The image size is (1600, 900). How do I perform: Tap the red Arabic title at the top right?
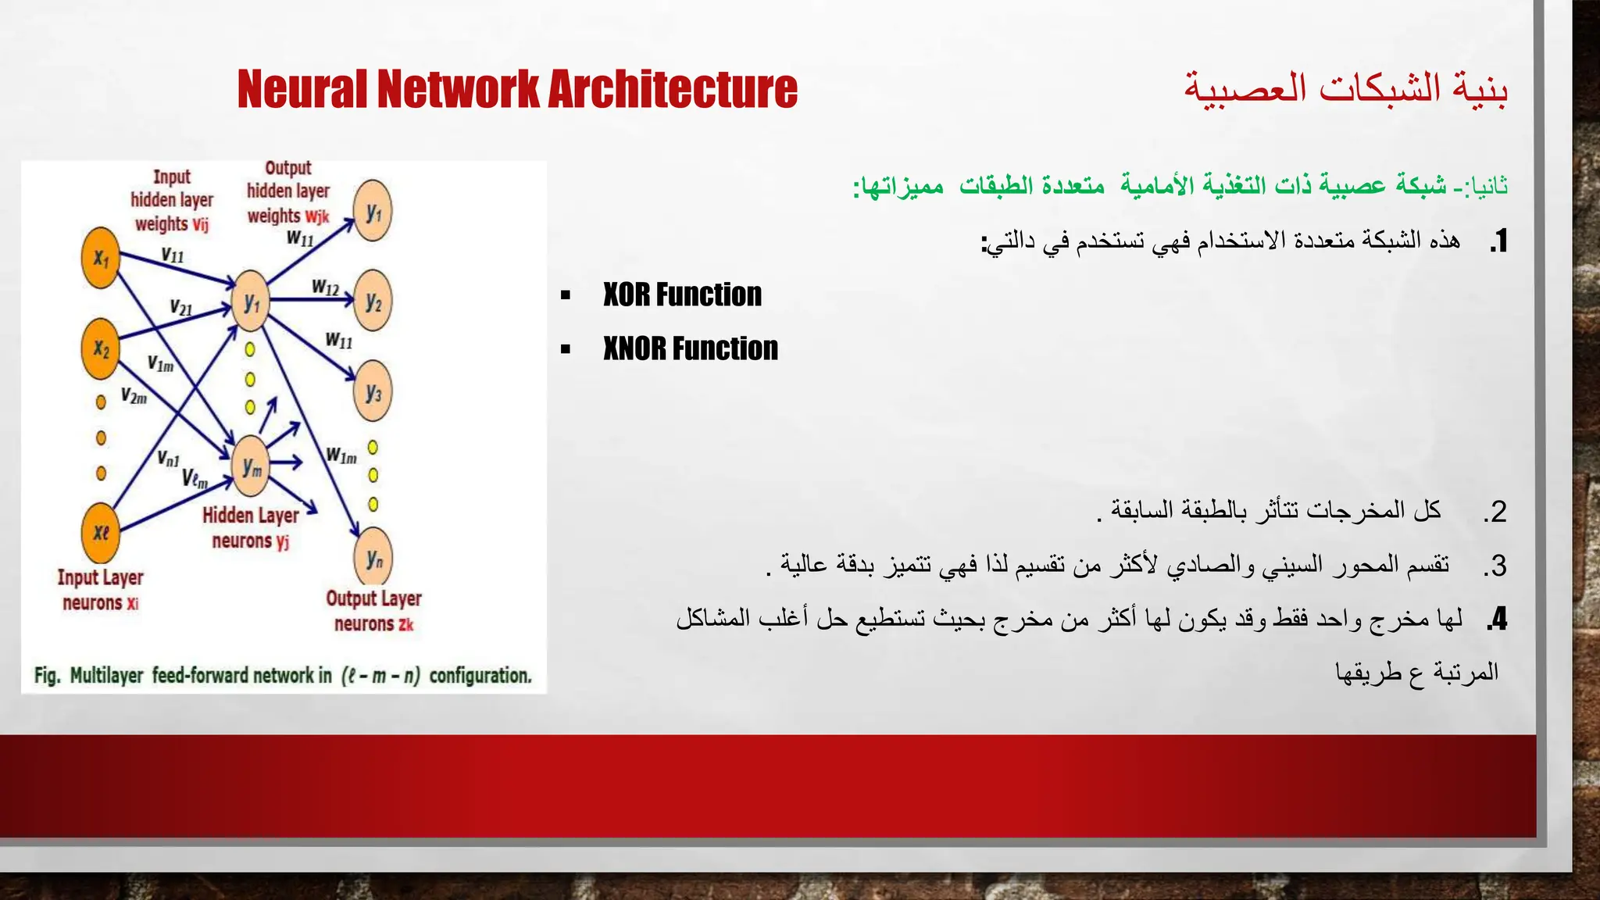(x=1345, y=87)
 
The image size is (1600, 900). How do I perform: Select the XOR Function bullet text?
(x=681, y=295)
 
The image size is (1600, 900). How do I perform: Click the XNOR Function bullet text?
(x=690, y=349)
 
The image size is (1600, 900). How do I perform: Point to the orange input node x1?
(x=101, y=258)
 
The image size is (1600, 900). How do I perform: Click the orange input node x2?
(x=101, y=348)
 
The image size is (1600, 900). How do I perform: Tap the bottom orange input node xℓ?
(x=101, y=533)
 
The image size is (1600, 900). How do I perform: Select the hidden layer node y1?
(x=251, y=303)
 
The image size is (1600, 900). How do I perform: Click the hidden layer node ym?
(x=251, y=467)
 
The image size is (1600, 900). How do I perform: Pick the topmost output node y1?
(x=373, y=212)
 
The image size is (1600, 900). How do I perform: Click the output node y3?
(x=373, y=392)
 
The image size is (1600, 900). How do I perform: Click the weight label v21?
(x=180, y=307)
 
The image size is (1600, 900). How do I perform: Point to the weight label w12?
(x=325, y=287)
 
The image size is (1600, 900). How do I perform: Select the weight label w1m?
(x=341, y=455)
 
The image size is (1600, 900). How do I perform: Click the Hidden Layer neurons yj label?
(x=251, y=528)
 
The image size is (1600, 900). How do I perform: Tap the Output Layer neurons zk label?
(x=373, y=611)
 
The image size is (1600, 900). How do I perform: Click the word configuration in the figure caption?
(x=480, y=676)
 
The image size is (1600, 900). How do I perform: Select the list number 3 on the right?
(x=1495, y=566)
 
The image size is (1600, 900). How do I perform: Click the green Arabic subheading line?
(x=1180, y=186)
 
